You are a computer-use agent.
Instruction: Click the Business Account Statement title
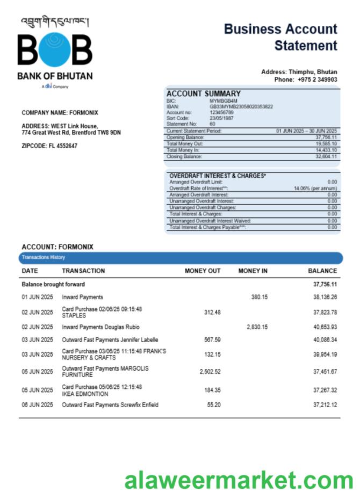coord(280,37)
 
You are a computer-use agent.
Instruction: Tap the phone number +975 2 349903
coord(317,79)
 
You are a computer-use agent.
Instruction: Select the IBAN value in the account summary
coord(241,106)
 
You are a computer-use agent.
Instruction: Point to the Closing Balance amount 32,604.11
coord(326,157)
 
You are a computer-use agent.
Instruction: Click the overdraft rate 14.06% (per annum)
coord(315,189)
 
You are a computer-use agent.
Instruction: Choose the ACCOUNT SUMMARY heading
coord(203,93)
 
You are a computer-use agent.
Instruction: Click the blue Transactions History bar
coord(181,257)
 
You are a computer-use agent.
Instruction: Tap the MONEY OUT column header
coord(203,271)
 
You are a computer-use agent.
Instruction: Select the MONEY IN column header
coord(253,271)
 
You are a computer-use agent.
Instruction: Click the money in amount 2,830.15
coord(257,327)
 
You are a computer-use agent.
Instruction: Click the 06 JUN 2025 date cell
coord(38,405)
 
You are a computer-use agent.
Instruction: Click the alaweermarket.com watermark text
coord(239,481)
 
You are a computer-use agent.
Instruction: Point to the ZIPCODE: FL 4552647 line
coord(49,146)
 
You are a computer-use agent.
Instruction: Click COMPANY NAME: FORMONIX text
coord(60,113)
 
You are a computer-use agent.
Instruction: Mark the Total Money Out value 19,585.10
coord(326,144)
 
